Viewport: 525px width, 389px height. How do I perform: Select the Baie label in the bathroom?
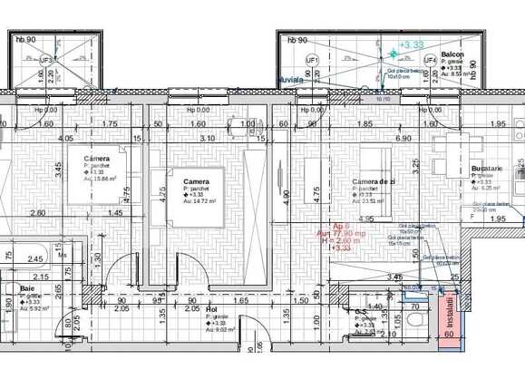tap(26, 288)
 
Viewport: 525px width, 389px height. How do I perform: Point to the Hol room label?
tap(211, 309)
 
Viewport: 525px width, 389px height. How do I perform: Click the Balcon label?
tap(452, 55)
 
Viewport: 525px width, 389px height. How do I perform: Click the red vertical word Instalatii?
tap(452, 308)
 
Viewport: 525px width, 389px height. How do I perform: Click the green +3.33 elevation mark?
tap(412, 44)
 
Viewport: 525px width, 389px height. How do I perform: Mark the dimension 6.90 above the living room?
tap(403, 139)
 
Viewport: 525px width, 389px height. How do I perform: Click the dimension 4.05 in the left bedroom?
tap(65, 139)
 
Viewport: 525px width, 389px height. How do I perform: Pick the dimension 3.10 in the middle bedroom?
tap(207, 139)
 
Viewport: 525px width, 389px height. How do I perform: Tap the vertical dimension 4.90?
tap(285, 193)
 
